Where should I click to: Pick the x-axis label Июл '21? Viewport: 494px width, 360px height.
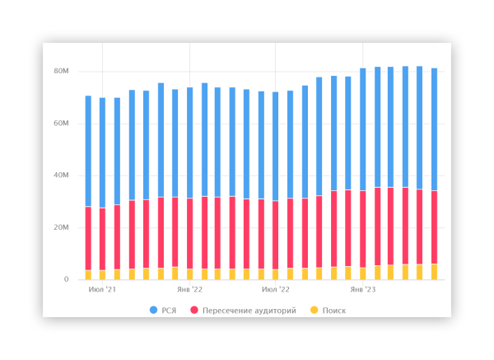(x=102, y=290)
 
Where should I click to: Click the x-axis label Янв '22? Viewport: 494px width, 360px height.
(x=190, y=290)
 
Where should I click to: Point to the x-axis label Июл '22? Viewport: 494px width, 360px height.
(x=276, y=290)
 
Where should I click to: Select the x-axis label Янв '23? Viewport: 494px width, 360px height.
(x=362, y=290)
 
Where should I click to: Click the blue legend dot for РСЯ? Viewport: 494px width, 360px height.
(x=154, y=311)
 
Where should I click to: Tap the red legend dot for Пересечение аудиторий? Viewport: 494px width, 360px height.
(x=194, y=311)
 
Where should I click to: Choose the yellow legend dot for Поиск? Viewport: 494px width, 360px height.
(x=313, y=311)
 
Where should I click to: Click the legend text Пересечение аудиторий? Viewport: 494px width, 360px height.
(x=249, y=311)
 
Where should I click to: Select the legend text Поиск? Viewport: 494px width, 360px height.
(x=334, y=311)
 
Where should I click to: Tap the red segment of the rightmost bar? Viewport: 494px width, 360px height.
(x=434, y=227)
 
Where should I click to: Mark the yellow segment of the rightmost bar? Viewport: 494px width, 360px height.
(x=434, y=272)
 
